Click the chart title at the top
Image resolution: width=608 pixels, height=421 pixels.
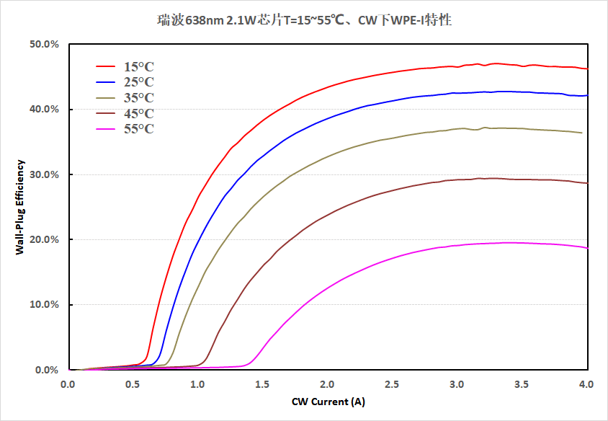[304, 20]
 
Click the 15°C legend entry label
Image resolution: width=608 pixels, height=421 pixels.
[138, 67]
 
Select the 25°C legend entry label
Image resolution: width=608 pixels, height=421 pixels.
[138, 82]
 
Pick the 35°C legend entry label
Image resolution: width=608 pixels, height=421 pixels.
[138, 98]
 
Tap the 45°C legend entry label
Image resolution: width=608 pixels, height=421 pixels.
[138, 113]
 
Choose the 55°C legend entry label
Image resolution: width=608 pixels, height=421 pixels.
[138, 129]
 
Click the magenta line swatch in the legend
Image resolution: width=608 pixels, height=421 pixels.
[107, 129]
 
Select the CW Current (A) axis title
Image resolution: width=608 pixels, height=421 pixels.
[328, 401]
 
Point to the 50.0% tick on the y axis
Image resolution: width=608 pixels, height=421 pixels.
[44, 44]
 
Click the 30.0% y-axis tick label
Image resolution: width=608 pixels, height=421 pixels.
[44, 174]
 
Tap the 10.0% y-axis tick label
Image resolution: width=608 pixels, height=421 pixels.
[44, 305]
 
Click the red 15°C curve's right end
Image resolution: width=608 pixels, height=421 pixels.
[586, 68]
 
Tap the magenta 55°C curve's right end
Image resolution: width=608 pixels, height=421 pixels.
[586, 248]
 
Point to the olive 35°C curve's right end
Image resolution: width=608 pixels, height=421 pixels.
[581, 133]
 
